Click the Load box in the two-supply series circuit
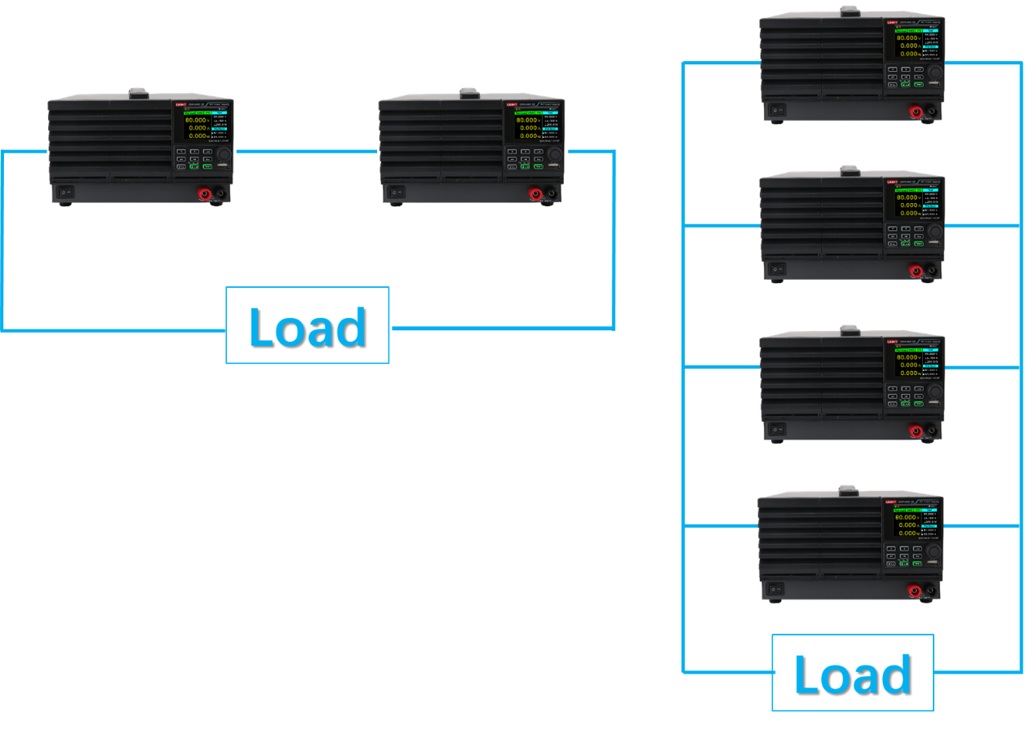pos(308,325)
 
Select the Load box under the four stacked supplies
pos(852,673)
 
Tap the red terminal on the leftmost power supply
pos(204,194)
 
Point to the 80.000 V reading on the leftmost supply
pos(196,120)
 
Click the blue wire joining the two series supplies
pos(307,151)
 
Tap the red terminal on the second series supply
pos(535,194)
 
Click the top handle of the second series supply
pos(469,94)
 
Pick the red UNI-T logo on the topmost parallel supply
pos(892,22)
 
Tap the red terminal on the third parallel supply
pos(916,431)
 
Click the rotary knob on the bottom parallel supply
pos(933,551)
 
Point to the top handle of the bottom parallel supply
pos(849,490)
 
